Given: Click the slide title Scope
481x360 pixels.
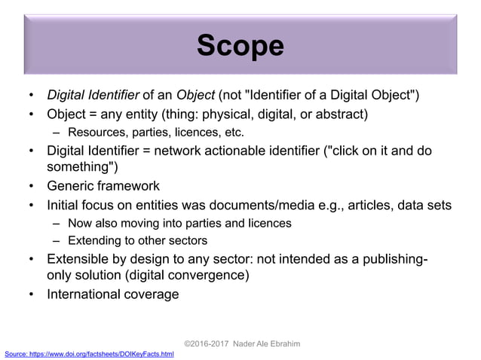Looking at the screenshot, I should tap(240, 46).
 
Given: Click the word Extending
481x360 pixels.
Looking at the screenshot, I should tap(93, 241).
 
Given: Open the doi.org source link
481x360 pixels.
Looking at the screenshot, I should tap(89, 354).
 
